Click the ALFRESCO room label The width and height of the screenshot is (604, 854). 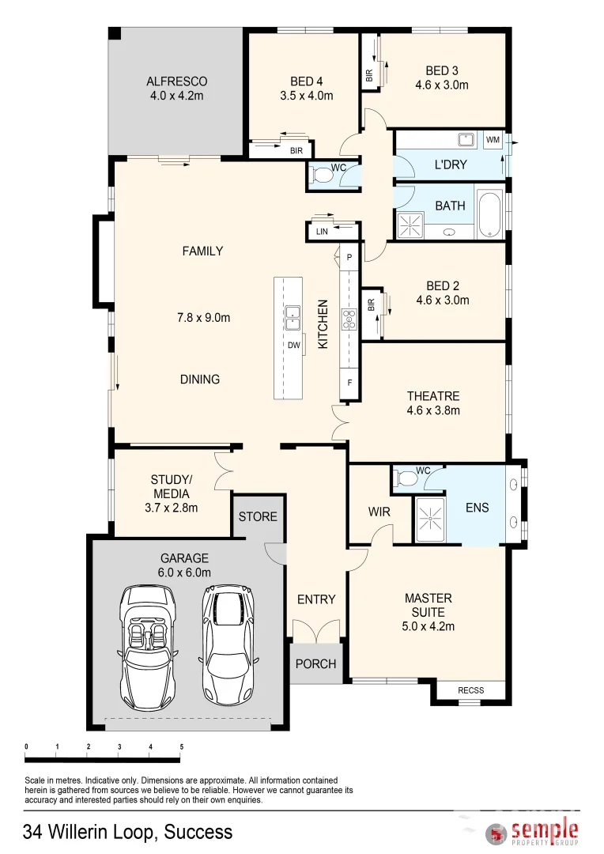176,81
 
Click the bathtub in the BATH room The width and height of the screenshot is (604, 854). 490,214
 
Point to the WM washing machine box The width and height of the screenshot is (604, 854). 493,140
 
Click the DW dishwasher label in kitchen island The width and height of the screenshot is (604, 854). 293,345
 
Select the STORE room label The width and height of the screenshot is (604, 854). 258,516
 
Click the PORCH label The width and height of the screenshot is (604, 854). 315,663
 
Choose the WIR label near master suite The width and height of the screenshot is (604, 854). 379,512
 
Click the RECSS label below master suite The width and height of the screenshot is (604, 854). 470,690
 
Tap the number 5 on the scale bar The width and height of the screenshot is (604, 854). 182,746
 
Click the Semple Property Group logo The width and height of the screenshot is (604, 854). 534,833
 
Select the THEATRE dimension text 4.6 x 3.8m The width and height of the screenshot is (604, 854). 433,410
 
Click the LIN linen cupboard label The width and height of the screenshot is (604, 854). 321,231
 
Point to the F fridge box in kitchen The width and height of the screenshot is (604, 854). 349,383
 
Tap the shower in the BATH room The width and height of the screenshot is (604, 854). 410,224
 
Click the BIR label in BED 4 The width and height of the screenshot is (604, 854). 296,149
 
